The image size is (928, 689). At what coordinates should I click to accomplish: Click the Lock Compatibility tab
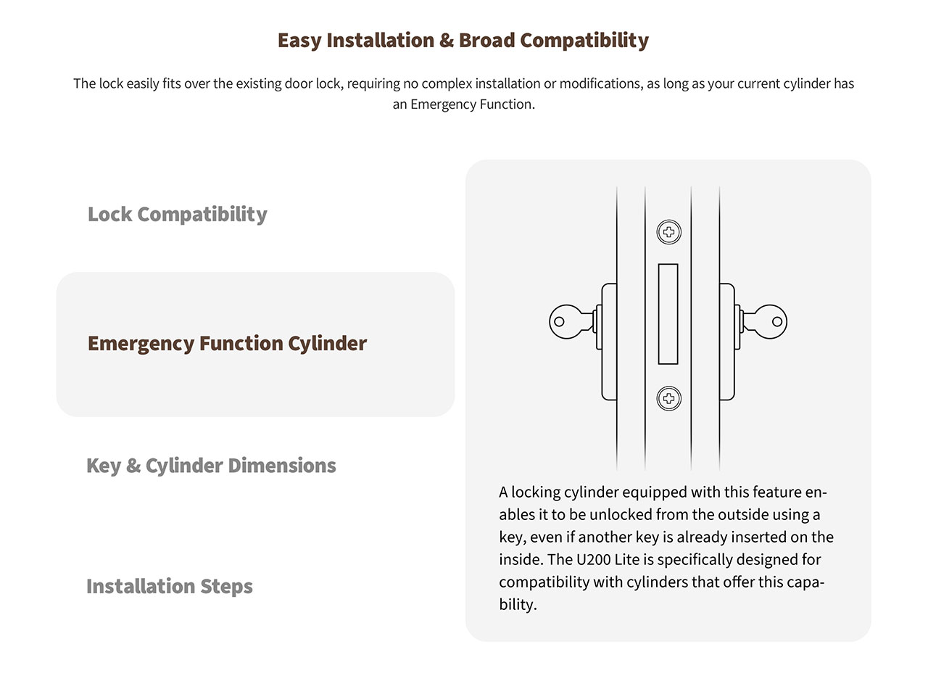click(178, 215)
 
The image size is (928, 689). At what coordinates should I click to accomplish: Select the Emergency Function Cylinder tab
click(255, 344)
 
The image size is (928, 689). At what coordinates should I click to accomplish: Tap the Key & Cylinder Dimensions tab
click(211, 466)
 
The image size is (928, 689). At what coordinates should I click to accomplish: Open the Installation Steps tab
click(170, 587)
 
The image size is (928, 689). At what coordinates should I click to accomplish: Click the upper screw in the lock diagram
click(668, 232)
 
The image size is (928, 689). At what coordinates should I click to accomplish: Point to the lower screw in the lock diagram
click(668, 398)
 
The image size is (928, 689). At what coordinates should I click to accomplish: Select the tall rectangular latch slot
click(668, 314)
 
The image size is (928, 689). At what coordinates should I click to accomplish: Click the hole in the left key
click(559, 321)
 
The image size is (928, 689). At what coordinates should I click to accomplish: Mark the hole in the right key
click(777, 321)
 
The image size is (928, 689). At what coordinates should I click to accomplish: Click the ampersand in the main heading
click(447, 40)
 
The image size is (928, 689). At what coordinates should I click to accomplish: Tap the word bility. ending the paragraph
click(518, 604)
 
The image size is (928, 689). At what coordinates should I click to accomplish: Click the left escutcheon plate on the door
click(609, 342)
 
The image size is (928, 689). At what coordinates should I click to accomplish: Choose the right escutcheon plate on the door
click(727, 342)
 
